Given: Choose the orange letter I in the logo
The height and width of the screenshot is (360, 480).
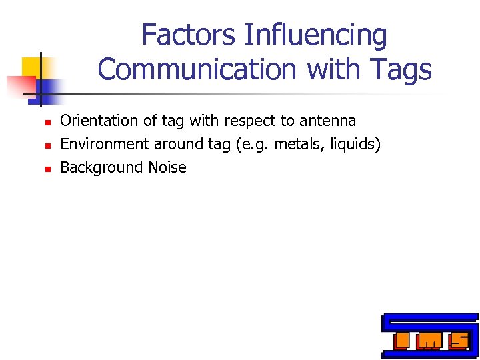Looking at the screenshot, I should click(401, 341).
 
